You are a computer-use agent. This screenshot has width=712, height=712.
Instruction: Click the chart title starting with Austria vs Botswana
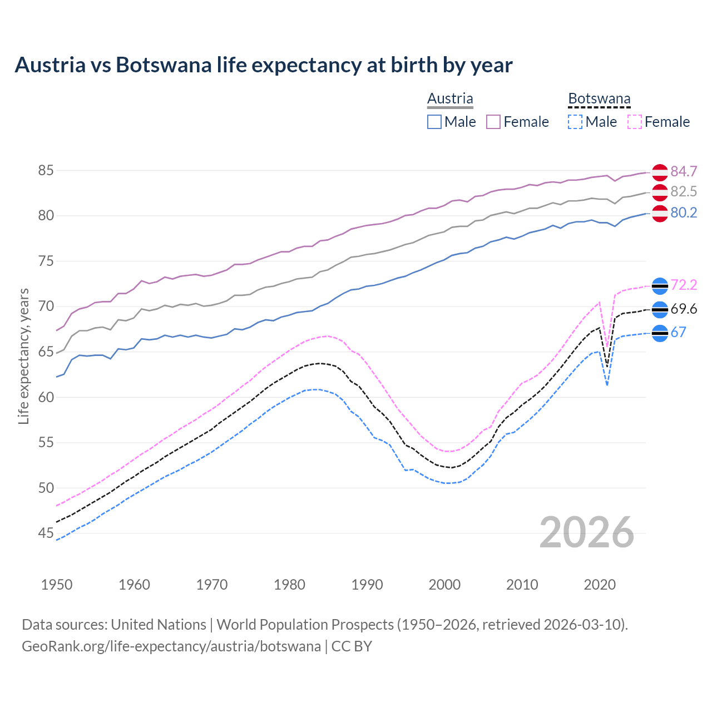(x=263, y=65)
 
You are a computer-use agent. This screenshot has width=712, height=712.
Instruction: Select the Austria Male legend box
(x=434, y=122)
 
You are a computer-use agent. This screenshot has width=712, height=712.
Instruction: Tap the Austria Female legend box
(x=493, y=122)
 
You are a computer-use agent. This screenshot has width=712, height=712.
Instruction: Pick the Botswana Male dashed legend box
(x=575, y=122)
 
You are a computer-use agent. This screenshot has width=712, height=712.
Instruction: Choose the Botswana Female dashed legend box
(x=635, y=122)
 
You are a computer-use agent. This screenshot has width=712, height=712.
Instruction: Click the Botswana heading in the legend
(x=599, y=99)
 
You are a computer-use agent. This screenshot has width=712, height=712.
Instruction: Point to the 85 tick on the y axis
(x=46, y=170)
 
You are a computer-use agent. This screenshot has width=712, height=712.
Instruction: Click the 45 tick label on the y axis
(x=46, y=533)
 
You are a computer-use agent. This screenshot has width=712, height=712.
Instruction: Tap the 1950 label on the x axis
(x=57, y=585)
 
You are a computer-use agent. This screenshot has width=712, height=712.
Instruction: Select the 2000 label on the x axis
(x=444, y=585)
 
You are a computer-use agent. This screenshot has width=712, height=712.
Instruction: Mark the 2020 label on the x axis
(x=600, y=585)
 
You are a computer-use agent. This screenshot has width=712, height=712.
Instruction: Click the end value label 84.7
(x=684, y=171)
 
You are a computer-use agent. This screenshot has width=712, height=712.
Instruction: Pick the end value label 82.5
(x=684, y=192)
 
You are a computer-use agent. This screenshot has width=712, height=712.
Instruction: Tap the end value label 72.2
(x=684, y=285)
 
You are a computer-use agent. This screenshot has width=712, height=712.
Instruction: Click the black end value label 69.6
(x=684, y=309)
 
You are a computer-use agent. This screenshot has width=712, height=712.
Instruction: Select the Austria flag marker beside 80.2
(x=660, y=214)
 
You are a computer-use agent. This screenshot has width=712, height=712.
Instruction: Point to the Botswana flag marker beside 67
(x=660, y=333)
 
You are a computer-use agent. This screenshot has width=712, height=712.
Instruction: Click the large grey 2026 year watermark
(x=587, y=532)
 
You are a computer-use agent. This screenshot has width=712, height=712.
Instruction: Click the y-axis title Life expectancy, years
(x=24, y=356)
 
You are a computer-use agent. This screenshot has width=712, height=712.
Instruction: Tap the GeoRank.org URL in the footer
(x=171, y=646)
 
